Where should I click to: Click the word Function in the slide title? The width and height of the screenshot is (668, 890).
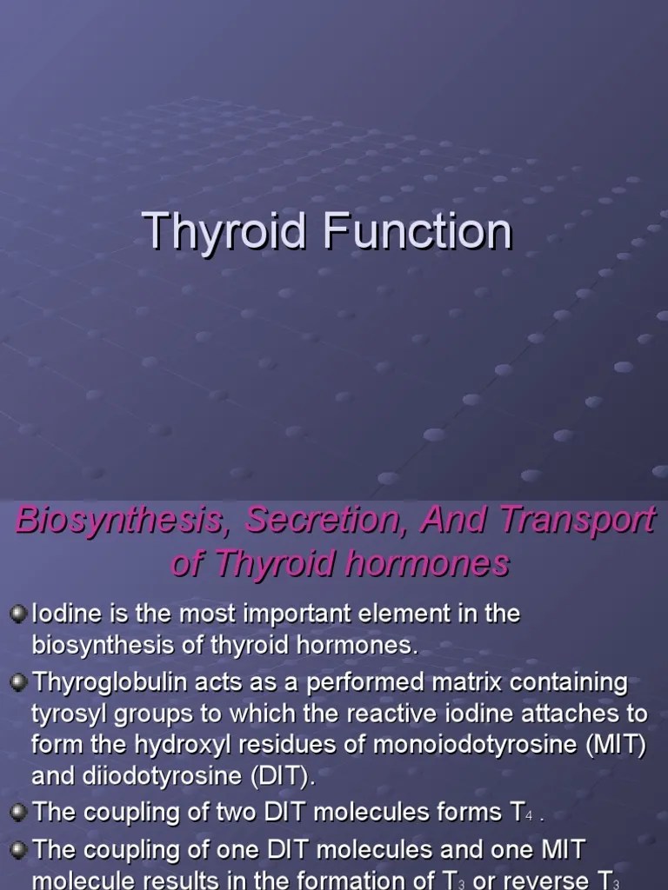pyautogui.click(x=419, y=231)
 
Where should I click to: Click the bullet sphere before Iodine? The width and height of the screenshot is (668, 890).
pyautogui.click(x=19, y=614)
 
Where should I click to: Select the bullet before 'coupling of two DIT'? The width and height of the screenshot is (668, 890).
pyautogui.click(x=19, y=812)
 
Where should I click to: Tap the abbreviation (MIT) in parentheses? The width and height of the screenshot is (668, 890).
pyautogui.click(x=618, y=747)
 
